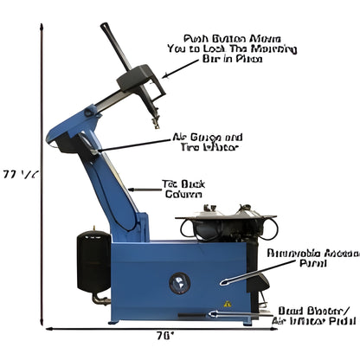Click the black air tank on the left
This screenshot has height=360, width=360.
93,259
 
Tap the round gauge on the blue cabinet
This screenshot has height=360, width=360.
181,281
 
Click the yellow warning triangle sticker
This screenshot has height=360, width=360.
228,304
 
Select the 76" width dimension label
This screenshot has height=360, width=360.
164,334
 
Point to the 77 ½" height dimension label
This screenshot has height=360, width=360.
19,173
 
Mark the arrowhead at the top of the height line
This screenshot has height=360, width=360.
41,27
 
